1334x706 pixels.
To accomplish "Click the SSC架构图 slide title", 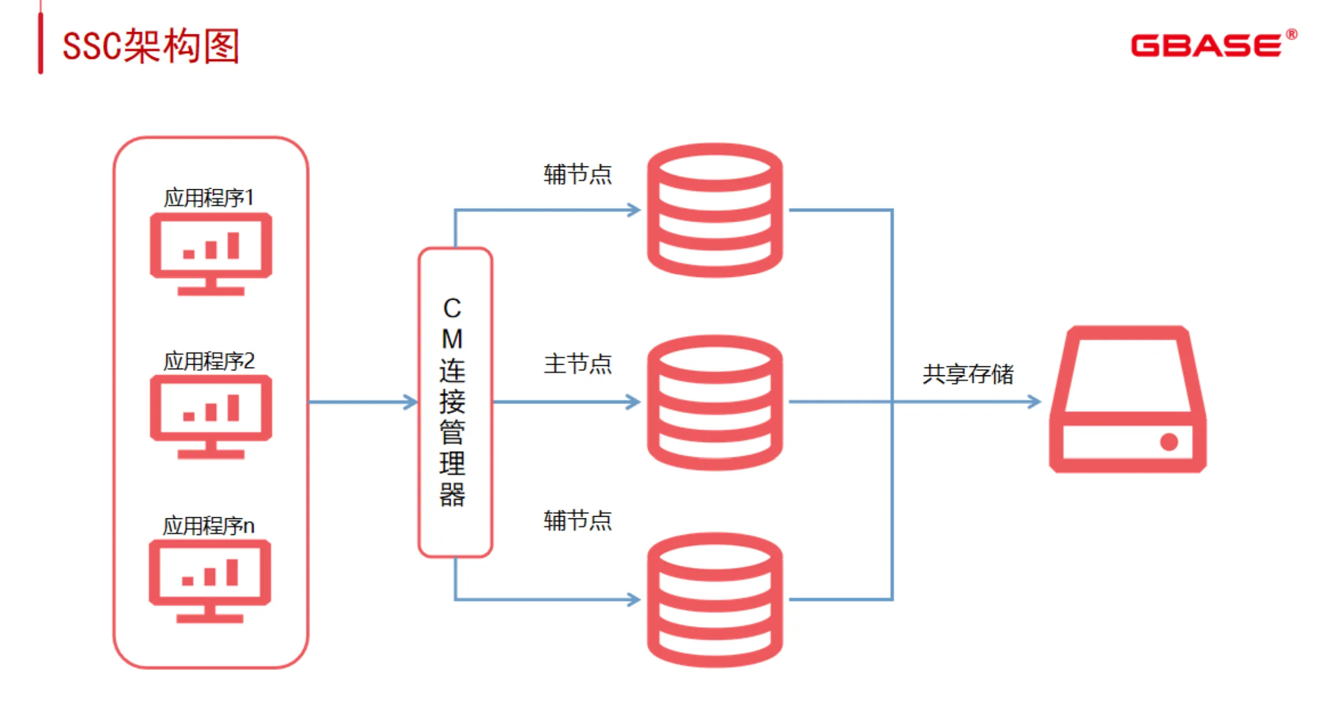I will [x=151, y=46].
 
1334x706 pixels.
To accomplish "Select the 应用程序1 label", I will [x=209, y=198].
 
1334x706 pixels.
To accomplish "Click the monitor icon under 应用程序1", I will [x=211, y=253].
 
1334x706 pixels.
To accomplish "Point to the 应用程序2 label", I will [x=209, y=361].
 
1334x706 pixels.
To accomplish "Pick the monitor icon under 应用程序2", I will [x=211, y=416].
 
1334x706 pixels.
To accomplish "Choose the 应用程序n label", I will [x=209, y=526].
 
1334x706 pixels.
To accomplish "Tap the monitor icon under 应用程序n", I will [x=210, y=581].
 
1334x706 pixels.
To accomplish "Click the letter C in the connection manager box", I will [x=452, y=309].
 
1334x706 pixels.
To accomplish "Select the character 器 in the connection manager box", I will [x=452, y=495].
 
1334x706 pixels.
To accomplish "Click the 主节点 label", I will [x=578, y=364].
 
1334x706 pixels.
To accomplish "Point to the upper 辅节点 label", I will [x=578, y=174].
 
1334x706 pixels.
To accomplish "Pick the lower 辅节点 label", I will [x=578, y=521].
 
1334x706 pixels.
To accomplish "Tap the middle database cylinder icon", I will [x=715, y=402].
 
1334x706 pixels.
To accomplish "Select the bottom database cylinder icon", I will [x=715, y=599].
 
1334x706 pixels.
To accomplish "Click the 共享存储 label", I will [x=968, y=374].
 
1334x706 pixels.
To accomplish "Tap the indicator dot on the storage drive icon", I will [x=1169, y=442].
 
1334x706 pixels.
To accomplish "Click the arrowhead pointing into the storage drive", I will [x=1035, y=402].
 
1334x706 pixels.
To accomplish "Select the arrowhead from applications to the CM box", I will [x=411, y=402].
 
